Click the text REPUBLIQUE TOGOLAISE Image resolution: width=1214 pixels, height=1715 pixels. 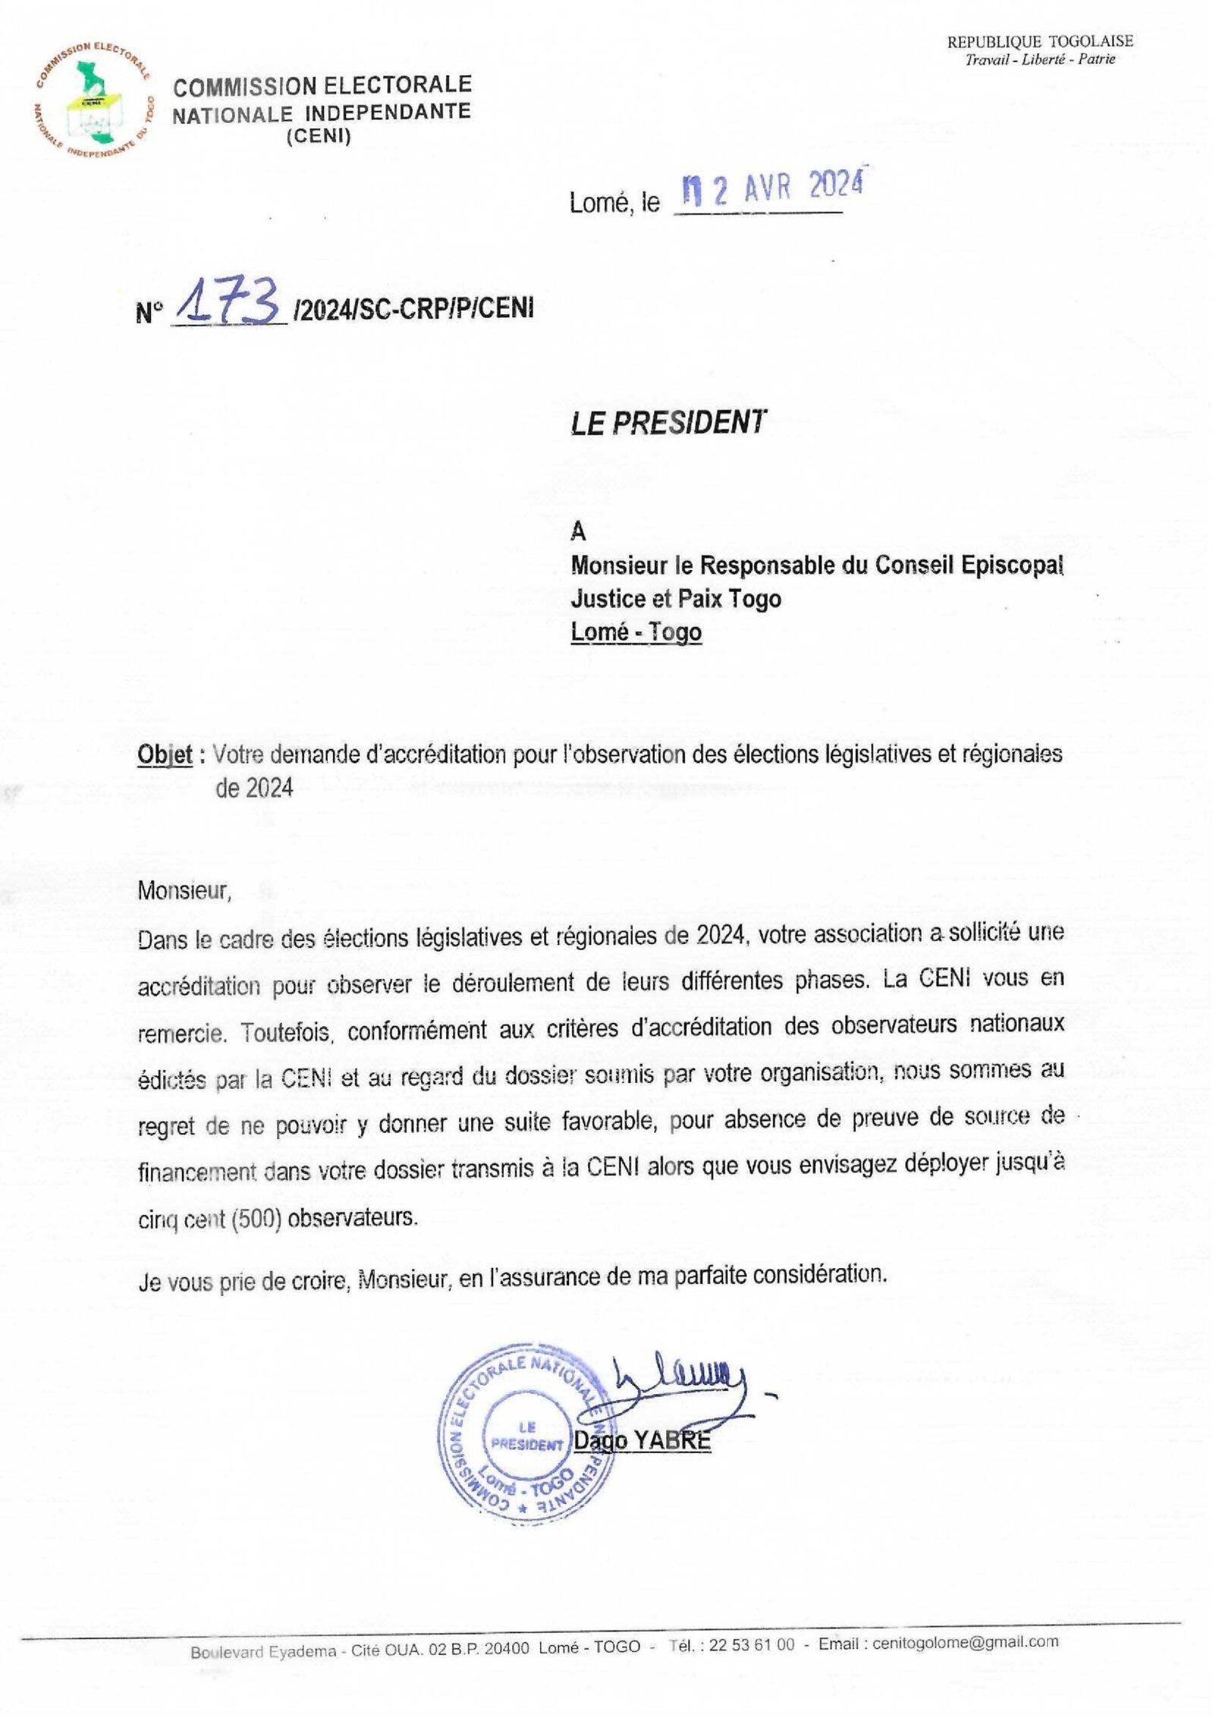coord(1039,42)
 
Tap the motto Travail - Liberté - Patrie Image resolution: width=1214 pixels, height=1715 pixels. coord(1039,59)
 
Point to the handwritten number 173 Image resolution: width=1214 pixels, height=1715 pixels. coord(228,307)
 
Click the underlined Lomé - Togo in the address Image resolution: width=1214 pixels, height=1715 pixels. coord(636,631)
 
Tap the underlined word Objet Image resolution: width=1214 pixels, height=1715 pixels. coord(164,755)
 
